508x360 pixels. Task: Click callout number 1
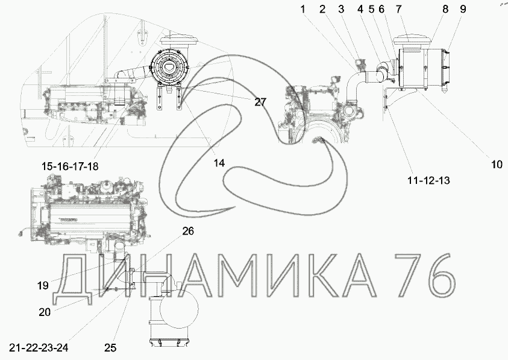303,9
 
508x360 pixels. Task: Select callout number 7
398,9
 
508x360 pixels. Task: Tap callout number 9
463,9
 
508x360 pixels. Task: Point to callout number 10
497,165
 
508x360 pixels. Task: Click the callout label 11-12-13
428,180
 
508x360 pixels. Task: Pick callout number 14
219,163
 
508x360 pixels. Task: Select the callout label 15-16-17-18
70,166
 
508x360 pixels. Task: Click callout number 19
43,286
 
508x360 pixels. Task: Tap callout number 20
45,312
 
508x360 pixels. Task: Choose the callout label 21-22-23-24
39,348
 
